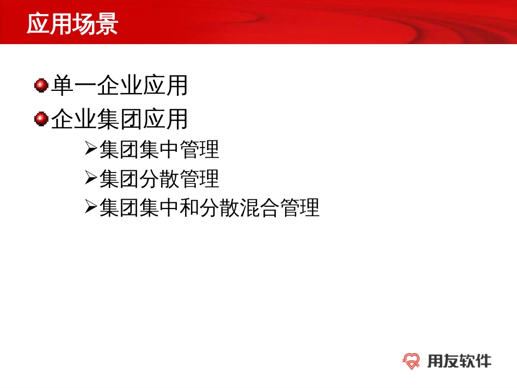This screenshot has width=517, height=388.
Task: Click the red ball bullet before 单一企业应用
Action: click(x=41, y=85)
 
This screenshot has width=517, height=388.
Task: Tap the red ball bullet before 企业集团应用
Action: click(x=41, y=119)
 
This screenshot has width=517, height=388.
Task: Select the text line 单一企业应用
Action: click(x=119, y=86)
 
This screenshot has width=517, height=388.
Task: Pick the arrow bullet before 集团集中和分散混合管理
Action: click(x=90, y=207)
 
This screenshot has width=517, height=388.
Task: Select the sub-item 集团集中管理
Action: click(x=159, y=149)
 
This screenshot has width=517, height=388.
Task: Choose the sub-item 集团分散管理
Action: click(x=159, y=178)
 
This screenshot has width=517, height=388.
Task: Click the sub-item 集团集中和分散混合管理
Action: click(x=209, y=208)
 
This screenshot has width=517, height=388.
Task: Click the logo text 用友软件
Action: click(x=459, y=360)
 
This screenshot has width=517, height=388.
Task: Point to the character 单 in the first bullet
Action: click(x=62, y=86)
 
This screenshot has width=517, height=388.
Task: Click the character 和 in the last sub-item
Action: click(x=189, y=208)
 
